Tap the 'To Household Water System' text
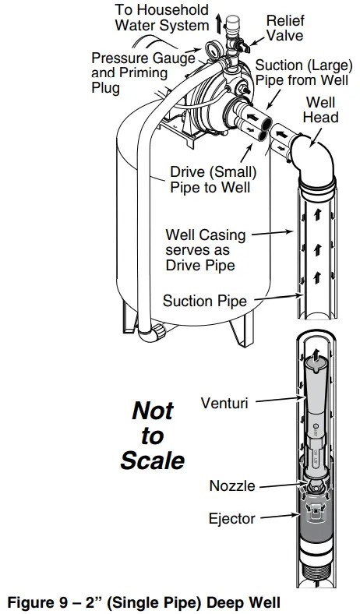click(x=162, y=17)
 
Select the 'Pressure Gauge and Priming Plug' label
click(x=129, y=72)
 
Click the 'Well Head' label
click(x=321, y=110)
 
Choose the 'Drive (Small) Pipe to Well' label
click(x=214, y=179)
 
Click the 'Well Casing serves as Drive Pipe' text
click(x=205, y=249)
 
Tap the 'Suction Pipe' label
click(x=205, y=301)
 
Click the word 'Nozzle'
click(x=231, y=485)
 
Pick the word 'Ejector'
click(x=231, y=517)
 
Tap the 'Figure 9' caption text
click(x=143, y=602)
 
